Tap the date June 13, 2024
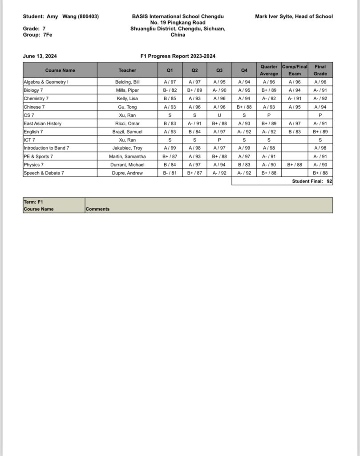(x=40, y=56)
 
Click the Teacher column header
(x=127, y=70)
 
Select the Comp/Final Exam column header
(x=295, y=70)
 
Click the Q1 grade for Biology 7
(x=170, y=90)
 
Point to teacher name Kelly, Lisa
(x=127, y=98)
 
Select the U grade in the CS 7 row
(x=219, y=115)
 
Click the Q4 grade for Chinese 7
(x=244, y=107)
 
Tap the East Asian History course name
(x=43, y=123)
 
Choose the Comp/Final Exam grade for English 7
(x=295, y=132)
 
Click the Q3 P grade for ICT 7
(x=219, y=140)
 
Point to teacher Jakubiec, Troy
(x=127, y=148)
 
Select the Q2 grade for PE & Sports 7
(x=194, y=156)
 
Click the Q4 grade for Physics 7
(x=244, y=165)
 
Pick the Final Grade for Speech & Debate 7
(x=320, y=173)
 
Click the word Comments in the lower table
(x=97, y=209)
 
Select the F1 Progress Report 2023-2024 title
(x=178, y=56)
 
